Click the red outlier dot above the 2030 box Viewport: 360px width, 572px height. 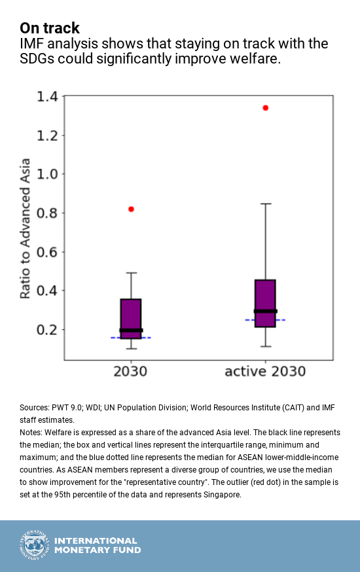pos(131,209)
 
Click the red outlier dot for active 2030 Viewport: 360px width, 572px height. pos(265,107)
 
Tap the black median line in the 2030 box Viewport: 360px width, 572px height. pos(131,331)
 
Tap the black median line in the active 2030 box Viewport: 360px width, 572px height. pos(265,311)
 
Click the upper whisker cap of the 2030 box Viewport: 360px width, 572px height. pos(131,273)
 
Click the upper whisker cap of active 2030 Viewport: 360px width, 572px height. pos(265,204)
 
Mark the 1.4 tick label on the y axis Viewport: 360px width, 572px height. pos(46,97)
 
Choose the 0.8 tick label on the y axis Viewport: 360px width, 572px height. pos(46,213)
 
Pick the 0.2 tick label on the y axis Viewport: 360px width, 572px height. pos(46,330)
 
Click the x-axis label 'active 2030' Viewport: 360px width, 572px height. pos(265,372)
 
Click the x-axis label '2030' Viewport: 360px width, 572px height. pos(130,372)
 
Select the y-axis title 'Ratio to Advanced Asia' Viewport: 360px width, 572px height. pos(25,228)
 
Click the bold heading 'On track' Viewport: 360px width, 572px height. pos(50,28)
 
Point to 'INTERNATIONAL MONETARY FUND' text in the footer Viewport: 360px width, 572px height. pos(96,546)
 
